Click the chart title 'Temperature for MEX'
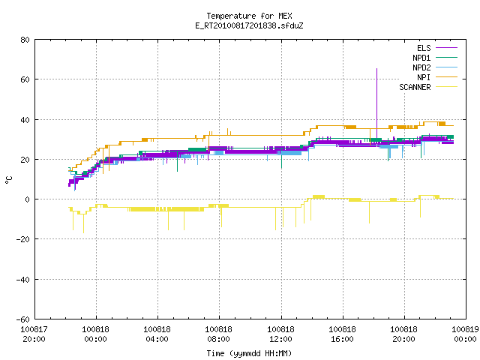pos(249,16)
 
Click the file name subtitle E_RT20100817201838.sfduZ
pos(249,25)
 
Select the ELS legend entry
pos(436,48)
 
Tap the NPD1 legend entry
pos(435,58)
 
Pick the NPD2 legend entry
pos(435,67)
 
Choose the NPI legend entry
pos(436,77)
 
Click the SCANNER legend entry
pos(428,87)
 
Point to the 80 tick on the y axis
pos(25,40)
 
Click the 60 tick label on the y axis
pos(25,79)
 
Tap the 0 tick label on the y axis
pos(28,199)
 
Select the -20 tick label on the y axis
pos(23,239)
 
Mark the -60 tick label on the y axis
pos(23,319)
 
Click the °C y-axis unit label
pos(8,180)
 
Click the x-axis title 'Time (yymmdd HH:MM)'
pos(249,353)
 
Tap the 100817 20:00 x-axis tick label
pos(34,334)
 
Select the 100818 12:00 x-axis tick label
pos(280,334)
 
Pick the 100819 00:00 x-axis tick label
pos(465,334)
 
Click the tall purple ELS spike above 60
pos(376,103)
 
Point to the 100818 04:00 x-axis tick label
pos(157,334)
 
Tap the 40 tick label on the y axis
pos(25,120)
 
